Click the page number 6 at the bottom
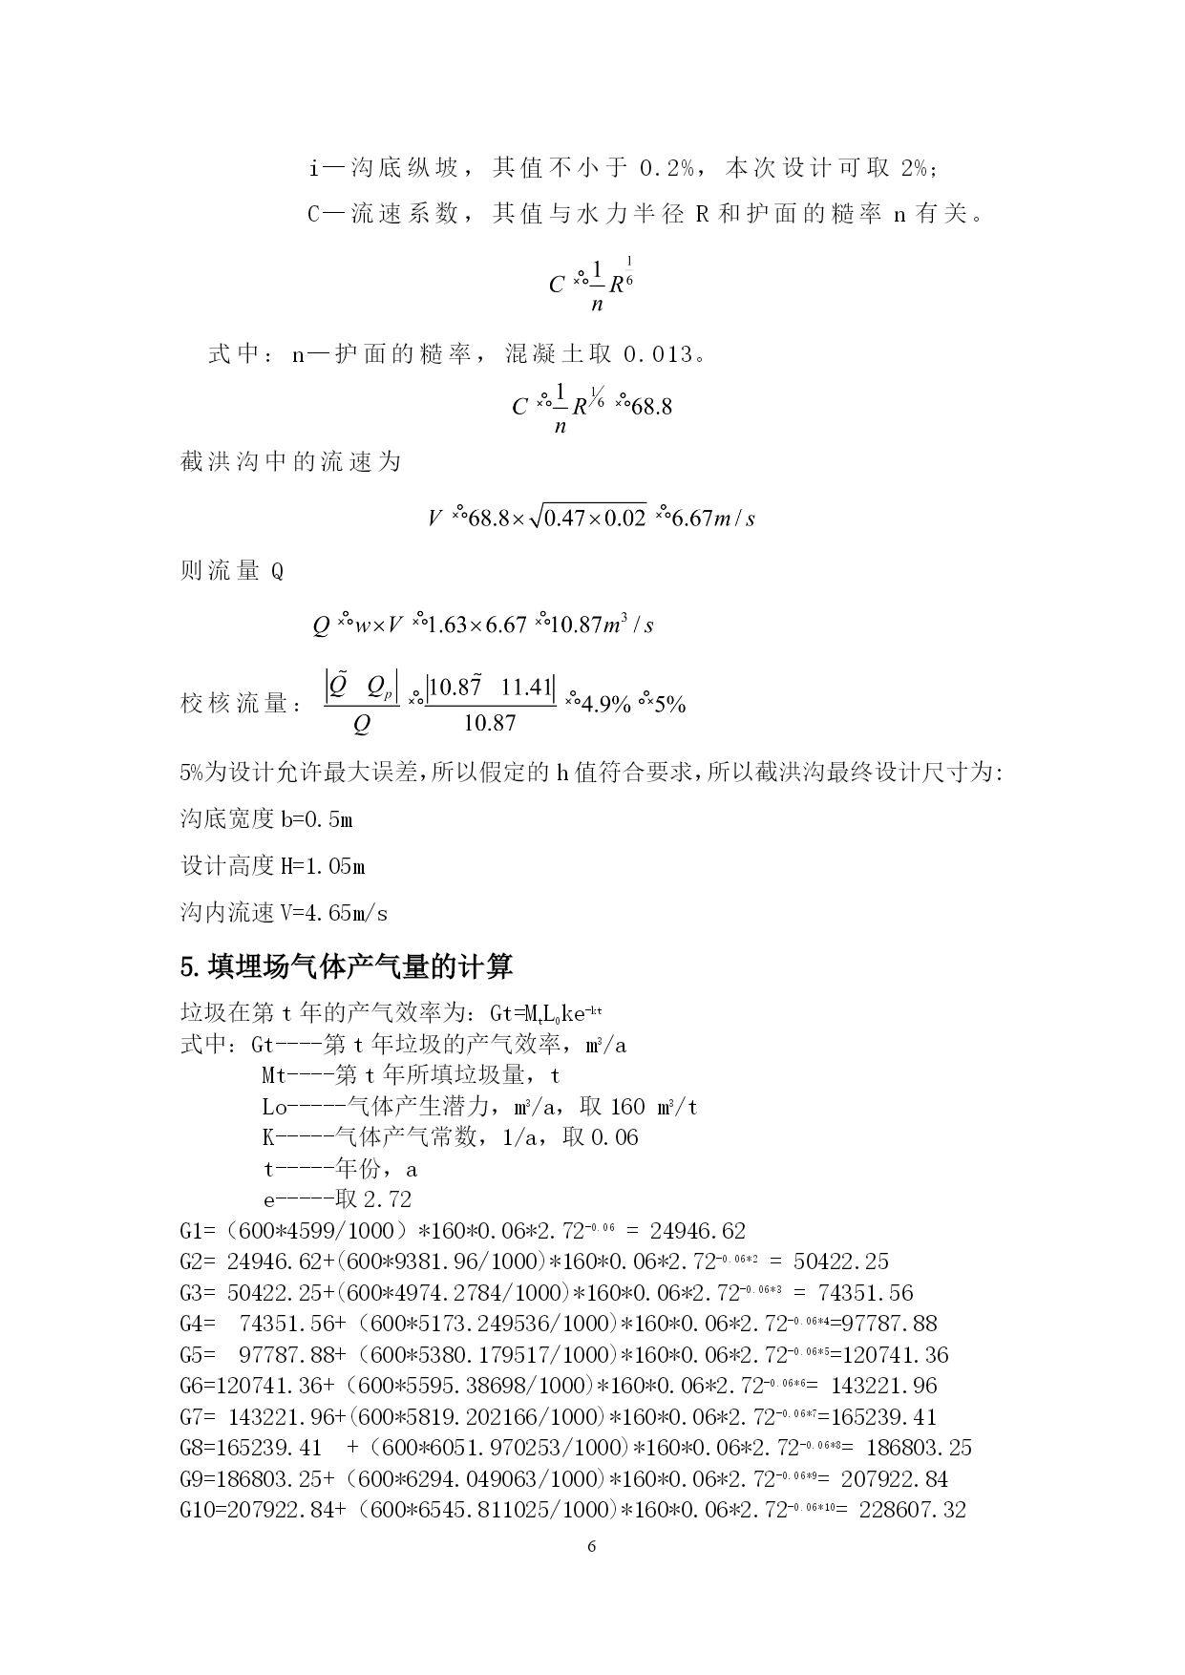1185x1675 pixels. tap(591, 1546)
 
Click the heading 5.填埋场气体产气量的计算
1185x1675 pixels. tap(346, 966)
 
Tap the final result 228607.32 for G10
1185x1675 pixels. tap(913, 1510)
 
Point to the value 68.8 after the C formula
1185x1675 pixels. tap(651, 407)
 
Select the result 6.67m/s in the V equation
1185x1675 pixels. tap(714, 519)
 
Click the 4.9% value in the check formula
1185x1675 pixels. tap(606, 705)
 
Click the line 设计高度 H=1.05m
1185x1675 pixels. tap(272, 866)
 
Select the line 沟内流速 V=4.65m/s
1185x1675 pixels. tap(284, 913)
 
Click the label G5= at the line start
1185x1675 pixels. tap(196, 1355)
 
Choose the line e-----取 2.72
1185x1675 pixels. tap(337, 1199)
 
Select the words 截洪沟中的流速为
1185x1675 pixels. tap(290, 462)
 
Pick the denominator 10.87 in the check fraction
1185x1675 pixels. tap(490, 724)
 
